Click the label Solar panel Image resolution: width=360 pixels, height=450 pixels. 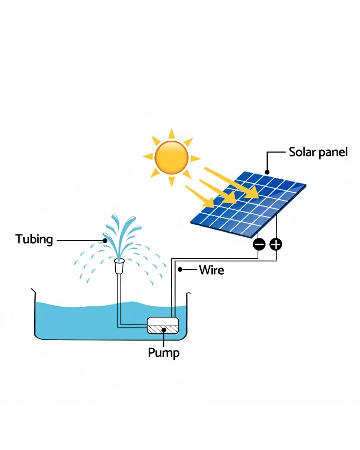318,153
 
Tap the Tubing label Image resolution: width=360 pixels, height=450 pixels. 34,239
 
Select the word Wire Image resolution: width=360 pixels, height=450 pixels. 211,270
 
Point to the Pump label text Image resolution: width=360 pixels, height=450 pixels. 164,353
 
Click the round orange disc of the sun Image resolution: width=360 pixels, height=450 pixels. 171,157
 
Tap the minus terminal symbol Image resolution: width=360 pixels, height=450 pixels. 259,244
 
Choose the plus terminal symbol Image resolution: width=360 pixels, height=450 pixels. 276,244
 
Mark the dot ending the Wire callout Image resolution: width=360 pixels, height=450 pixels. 180,270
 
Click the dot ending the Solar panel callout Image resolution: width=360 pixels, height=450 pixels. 267,172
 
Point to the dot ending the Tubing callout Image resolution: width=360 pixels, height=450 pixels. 105,240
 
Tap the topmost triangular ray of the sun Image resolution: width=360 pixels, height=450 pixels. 171,134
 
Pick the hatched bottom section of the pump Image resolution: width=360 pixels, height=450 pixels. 163,329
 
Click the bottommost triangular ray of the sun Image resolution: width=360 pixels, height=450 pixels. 171,181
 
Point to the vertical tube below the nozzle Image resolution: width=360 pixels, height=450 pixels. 119,295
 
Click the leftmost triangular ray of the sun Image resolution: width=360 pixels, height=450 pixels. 148,156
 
